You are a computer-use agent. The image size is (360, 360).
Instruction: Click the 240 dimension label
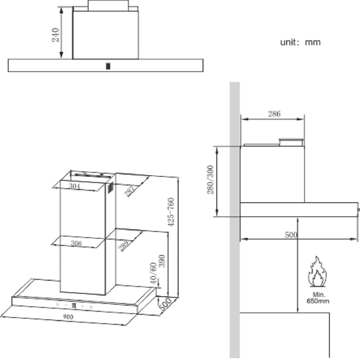pyautogui.click(x=56, y=35)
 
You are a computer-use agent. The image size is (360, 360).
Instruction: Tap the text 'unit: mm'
pyautogui.click(x=300, y=42)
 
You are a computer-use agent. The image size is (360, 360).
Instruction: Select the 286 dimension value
pyautogui.click(x=274, y=114)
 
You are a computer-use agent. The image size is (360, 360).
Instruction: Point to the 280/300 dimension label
pyautogui.click(x=210, y=180)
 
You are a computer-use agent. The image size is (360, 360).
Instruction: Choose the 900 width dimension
pyautogui.click(x=68, y=317)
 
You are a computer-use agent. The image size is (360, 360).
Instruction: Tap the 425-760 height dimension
pyautogui.click(x=171, y=212)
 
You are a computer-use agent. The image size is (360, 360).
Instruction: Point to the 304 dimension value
pyautogui.click(x=74, y=186)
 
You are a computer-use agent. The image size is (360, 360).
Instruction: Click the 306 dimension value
pyautogui.click(x=76, y=243)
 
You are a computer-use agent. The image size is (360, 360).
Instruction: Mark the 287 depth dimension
pyautogui.click(x=130, y=190)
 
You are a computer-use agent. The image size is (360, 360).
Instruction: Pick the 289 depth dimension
pyautogui.click(x=123, y=246)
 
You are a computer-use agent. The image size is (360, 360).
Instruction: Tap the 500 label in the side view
pyautogui.click(x=291, y=235)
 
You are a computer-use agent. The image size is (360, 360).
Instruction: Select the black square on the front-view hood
pyautogui.click(x=108, y=66)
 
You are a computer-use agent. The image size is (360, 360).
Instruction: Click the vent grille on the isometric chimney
pyautogui.click(x=110, y=188)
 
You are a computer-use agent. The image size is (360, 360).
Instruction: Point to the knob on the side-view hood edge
pyautogui.click(x=359, y=209)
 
